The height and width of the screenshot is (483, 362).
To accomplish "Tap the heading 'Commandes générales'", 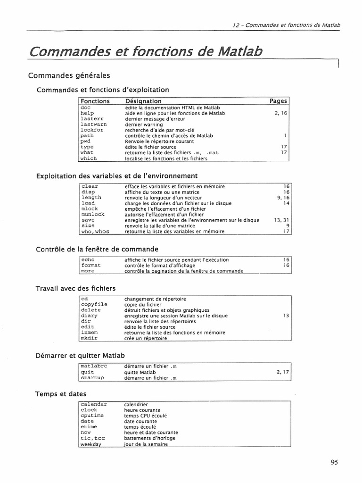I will tap(69, 75).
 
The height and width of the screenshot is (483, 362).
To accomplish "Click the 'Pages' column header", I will tap(278, 101).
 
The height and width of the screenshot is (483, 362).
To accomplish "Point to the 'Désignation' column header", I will tap(143, 101).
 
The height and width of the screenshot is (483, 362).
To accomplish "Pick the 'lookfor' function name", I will tap(92, 130).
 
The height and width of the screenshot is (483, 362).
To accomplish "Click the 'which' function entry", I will tap(89, 158).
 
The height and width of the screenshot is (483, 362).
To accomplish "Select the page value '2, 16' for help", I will tap(280, 114).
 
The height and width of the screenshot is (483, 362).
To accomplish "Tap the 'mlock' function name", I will tap(90, 209).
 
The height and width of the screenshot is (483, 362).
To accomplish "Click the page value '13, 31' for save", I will tap(280, 220).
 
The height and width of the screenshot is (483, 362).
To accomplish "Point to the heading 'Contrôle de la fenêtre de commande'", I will tap(97, 249).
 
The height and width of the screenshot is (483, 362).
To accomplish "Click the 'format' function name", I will tap(91, 266).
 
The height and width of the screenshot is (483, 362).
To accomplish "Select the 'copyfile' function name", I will tap(94, 305).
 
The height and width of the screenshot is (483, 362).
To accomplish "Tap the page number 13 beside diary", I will tap(285, 316).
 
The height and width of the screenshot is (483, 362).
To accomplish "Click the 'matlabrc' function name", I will tap(95, 366).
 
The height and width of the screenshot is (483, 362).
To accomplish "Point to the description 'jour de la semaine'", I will tap(146, 444).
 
